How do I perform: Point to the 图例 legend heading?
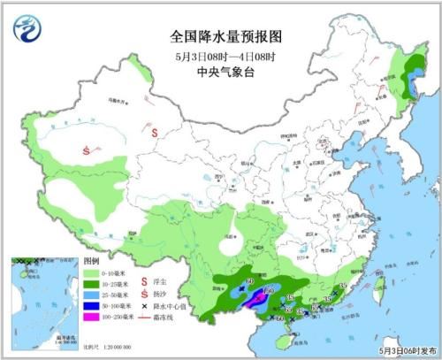91,263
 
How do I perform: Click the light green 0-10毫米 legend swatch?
91,275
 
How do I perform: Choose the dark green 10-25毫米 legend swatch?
91,285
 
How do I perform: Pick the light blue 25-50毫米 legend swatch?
91,295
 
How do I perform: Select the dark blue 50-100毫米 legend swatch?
91,306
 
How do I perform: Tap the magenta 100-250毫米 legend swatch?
91,316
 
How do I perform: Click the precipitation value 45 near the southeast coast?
342,286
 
